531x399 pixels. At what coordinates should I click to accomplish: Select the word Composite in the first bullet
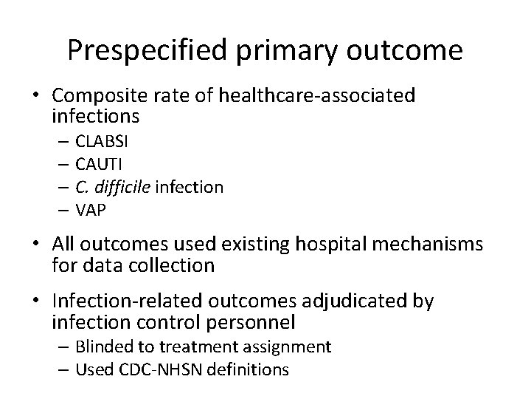click(x=97, y=95)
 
